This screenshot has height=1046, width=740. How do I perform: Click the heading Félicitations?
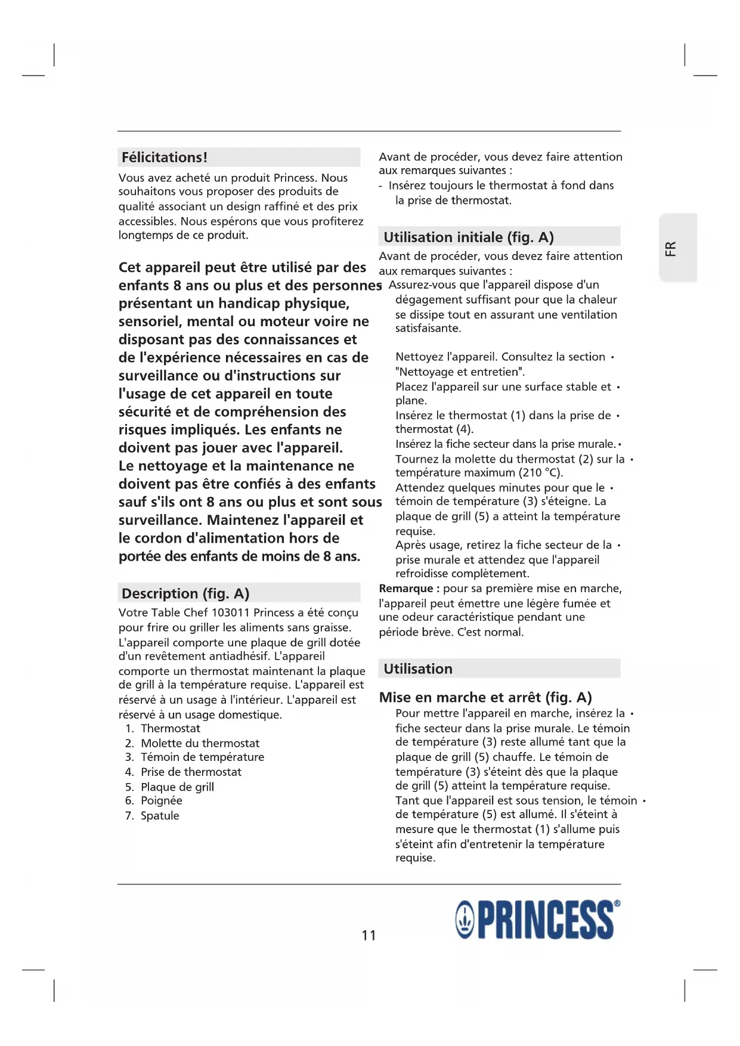tap(165, 157)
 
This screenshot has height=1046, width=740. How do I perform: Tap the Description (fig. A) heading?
tap(185, 593)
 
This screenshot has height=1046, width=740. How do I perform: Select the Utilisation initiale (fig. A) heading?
tap(469, 237)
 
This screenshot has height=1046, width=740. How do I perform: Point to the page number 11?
tap(369, 935)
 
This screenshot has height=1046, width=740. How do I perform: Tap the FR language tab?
tap(671, 248)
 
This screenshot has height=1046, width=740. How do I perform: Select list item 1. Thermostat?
tap(163, 728)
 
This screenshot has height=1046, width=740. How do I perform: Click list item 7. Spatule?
tap(153, 815)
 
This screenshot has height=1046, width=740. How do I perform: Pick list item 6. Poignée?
tap(154, 800)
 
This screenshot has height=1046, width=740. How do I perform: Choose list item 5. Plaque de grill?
tap(170, 787)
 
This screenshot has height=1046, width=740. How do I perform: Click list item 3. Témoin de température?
tap(195, 757)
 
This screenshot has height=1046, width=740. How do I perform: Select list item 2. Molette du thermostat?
tap(193, 743)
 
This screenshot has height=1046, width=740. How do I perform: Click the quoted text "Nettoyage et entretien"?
tap(460, 372)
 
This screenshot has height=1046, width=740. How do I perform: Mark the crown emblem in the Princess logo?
tap(465, 920)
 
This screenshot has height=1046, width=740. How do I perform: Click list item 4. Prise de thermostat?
tap(184, 772)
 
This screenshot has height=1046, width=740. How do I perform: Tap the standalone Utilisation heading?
tap(418, 669)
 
